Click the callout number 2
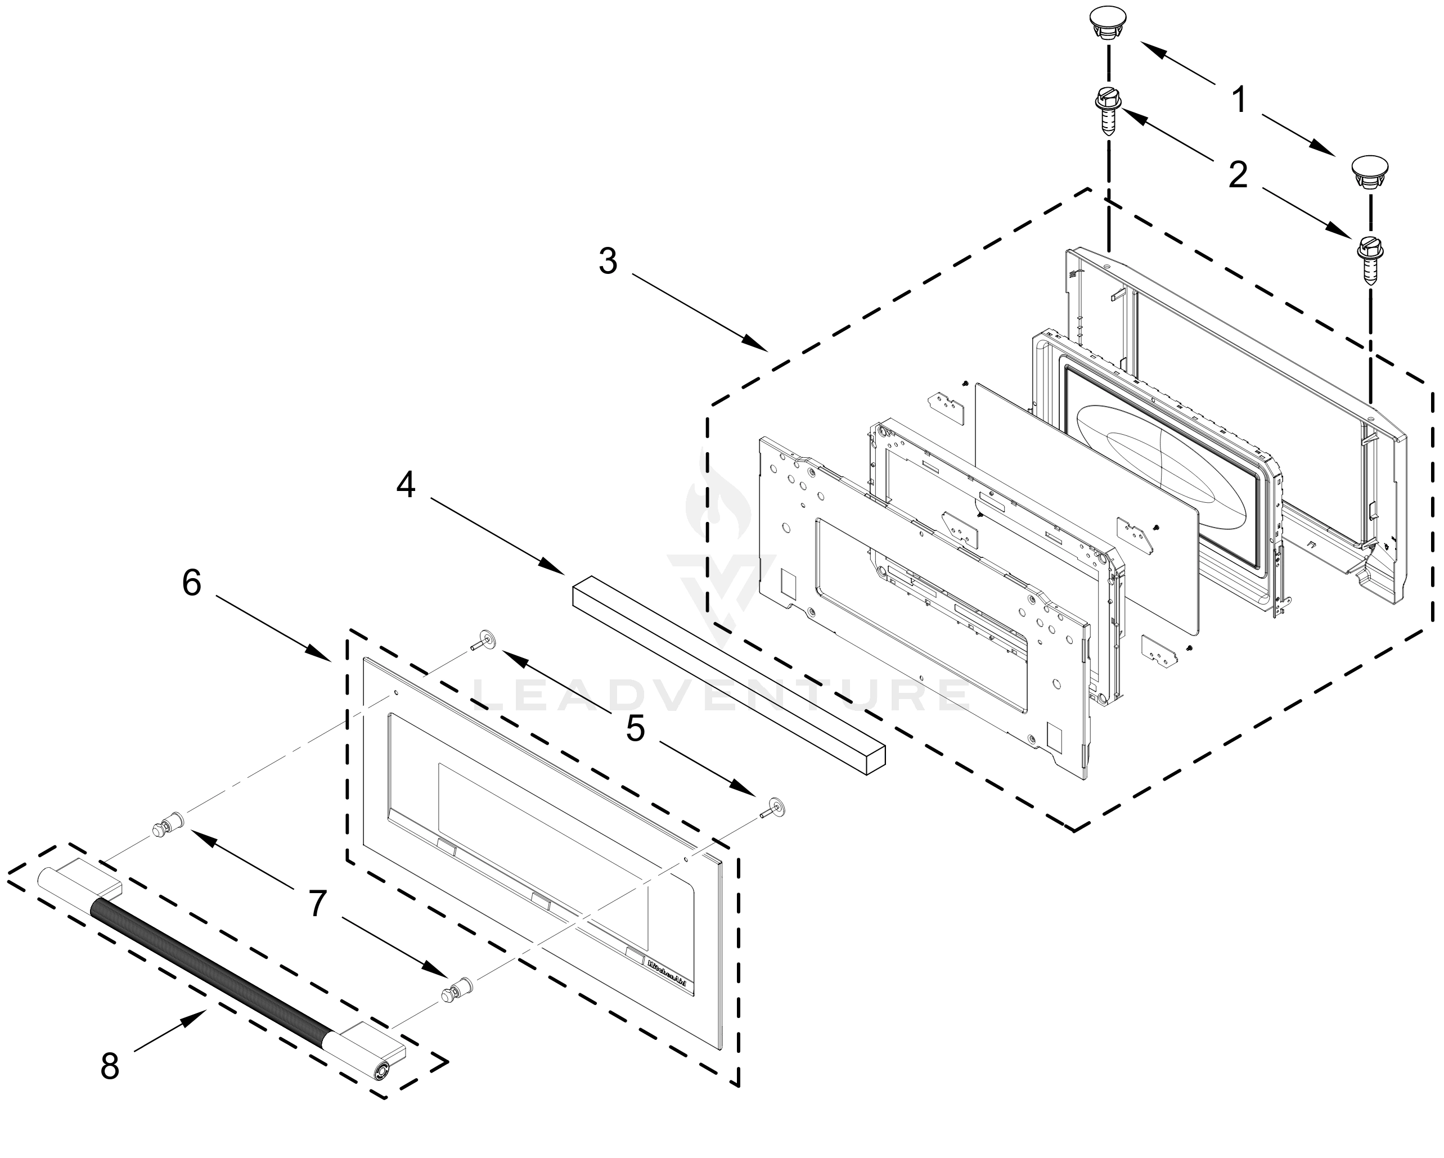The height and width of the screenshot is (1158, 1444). point(1238,175)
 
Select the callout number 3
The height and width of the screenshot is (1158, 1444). point(608,260)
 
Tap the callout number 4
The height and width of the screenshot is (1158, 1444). point(406,484)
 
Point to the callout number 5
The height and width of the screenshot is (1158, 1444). point(635,728)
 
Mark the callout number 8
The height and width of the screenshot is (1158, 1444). point(109,1066)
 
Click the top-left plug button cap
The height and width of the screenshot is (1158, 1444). point(1107,22)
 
